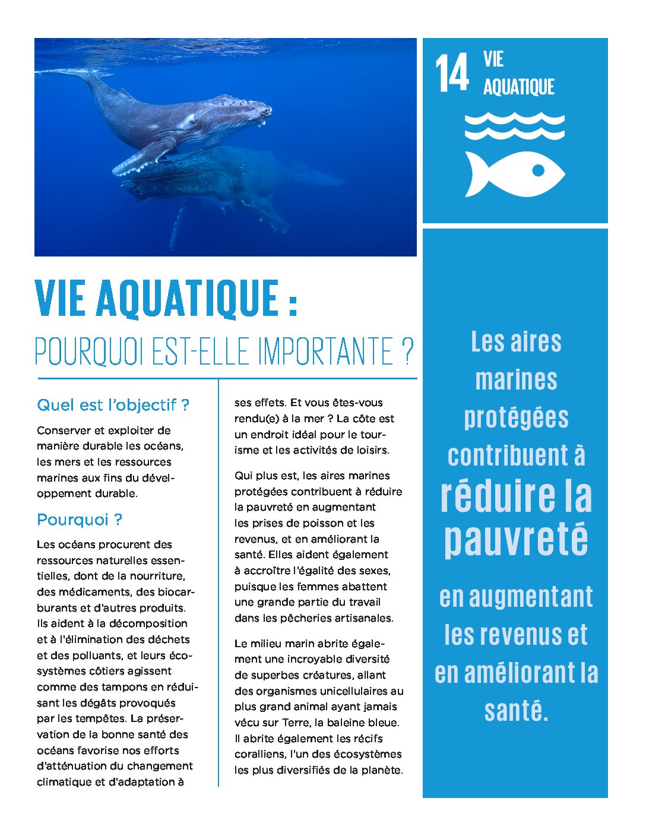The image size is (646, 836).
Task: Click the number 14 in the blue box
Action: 452,73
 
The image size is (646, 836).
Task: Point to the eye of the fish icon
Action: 538,170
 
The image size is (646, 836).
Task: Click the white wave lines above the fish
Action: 514,126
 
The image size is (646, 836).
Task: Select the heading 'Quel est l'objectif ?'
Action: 113,406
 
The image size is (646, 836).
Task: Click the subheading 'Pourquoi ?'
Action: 80,520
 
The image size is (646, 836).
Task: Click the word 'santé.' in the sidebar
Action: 516,710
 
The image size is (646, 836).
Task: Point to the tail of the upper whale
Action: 65,73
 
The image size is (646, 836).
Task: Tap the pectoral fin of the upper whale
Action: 143,157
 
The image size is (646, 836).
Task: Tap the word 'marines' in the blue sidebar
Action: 516,380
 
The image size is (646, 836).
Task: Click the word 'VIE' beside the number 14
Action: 493,59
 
